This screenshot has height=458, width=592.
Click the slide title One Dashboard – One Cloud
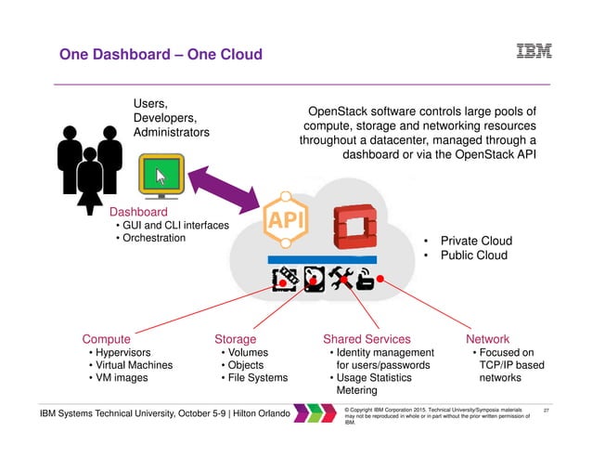161,57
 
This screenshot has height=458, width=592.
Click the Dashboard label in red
138,212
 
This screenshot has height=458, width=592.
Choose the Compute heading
105,339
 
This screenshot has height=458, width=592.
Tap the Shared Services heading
366,339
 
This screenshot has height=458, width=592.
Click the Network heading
487,339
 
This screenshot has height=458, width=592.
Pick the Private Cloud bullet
473,240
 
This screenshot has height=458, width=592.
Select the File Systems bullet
253,378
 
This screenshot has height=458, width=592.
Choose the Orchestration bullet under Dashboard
148,239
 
